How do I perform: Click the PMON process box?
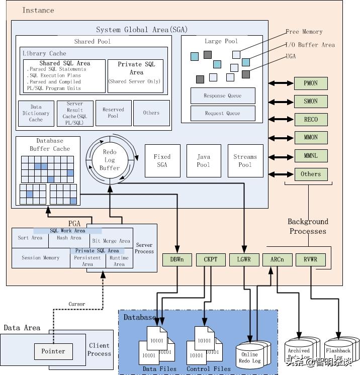pyautogui.click(x=310, y=83)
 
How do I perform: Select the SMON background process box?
pyautogui.click(x=310, y=101)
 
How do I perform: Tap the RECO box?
pyautogui.click(x=310, y=120)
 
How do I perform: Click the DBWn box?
pyautogui.click(x=177, y=260)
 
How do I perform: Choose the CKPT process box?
pyautogui.click(x=210, y=260)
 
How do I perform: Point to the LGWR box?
pyautogui.click(x=244, y=260)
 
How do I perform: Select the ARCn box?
pyautogui.click(x=277, y=260)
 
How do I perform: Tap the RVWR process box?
pyautogui.click(x=310, y=260)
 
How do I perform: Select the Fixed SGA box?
pyautogui.click(x=162, y=161)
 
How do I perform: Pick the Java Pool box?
pyautogui.click(x=204, y=161)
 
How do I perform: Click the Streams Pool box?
pyautogui.click(x=245, y=161)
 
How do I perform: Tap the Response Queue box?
pyautogui.click(x=223, y=96)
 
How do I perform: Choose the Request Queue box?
pyautogui.click(x=223, y=113)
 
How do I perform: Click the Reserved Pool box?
pyautogui.click(x=113, y=113)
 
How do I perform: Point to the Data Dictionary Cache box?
pyautogui.click(x=36, y=114)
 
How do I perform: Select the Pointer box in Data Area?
pyautogui.click(x=53, y=351)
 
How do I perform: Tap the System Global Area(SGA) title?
pyautogui.click(x=139, y=30)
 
